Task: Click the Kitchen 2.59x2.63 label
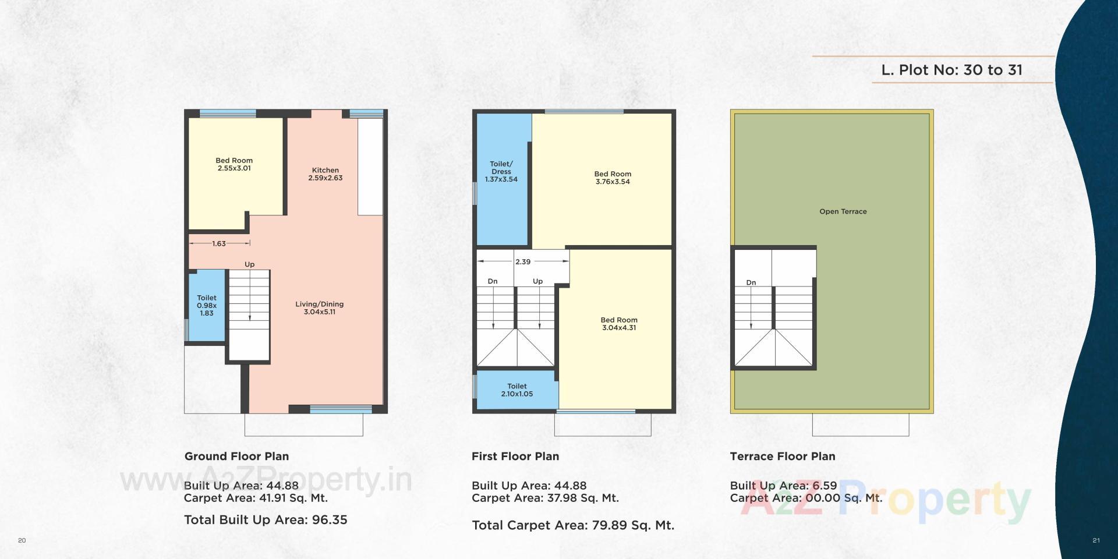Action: [325, 174]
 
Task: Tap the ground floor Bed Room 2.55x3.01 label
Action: [234, 164]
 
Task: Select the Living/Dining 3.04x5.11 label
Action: [319, 308]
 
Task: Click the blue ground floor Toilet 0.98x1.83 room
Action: [207, 305]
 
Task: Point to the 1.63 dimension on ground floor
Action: [219, 243]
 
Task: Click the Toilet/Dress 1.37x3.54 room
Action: [501, 172]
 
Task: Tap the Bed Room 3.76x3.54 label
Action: [613, 178]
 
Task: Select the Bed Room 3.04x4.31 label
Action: [619, 324]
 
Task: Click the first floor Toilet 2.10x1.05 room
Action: [516, 390]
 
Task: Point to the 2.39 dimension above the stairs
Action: [523, 261]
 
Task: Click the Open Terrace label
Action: [843, 211]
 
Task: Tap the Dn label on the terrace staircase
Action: [751, 282]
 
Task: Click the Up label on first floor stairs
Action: [537, 281]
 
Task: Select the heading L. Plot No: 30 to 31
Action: [951, 70]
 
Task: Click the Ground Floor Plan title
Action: [236, 457]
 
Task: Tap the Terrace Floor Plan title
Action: [782, 457]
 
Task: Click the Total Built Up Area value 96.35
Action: [330, 520]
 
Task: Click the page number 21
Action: [1096, 540]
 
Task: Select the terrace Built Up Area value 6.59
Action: [825, 486]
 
